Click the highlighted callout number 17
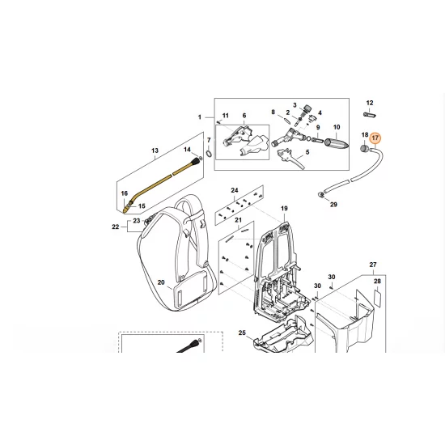(375, 138)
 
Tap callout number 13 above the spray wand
(155, 150)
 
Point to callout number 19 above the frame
(284, 209)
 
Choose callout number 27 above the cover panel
(373, 265)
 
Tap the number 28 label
(375, 281)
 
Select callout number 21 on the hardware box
(238, 220)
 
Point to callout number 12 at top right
(370, 103)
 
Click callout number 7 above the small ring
(209, 140)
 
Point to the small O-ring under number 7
(209, 153)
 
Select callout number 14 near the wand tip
(188, 150)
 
